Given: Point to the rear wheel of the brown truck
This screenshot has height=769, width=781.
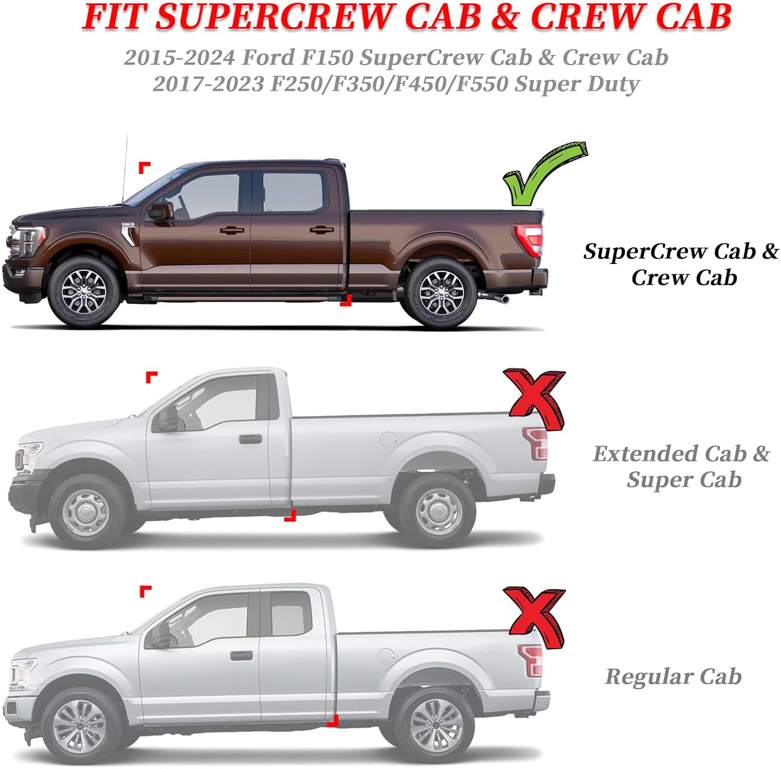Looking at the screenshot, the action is pos(441,293).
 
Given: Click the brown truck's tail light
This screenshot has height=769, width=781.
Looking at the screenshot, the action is pos(530,239).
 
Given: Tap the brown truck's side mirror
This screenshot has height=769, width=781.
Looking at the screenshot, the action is pos(160,211).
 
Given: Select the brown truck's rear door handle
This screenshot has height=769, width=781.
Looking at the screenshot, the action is pos(321,230).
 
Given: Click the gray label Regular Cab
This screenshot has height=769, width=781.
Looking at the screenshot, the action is pos(673,676).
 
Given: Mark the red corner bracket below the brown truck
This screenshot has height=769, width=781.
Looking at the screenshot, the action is pos(346,300).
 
